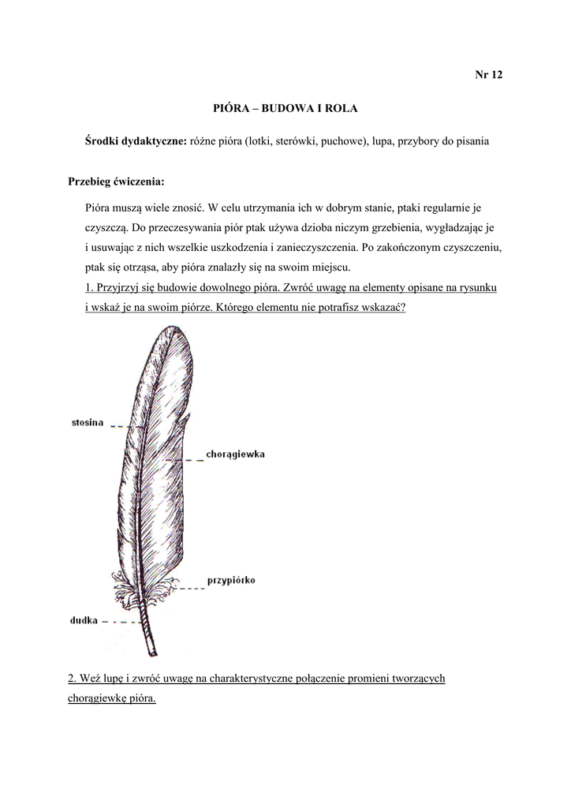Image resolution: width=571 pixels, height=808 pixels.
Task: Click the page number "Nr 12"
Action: click(x=488, y=75)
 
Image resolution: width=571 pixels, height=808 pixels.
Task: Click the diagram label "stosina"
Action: click(x=88, y=422)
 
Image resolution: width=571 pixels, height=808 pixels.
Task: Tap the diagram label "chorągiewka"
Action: click(x=235, y=454)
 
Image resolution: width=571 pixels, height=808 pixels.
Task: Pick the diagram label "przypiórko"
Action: click(x=230, y=581)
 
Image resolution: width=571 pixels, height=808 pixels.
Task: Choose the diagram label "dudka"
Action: click(x=84, y=620)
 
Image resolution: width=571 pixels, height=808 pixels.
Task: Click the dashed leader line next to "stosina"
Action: click(x=127, y=426)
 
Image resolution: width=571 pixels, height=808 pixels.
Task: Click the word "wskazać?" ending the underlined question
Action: click(x=382, y=308)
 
